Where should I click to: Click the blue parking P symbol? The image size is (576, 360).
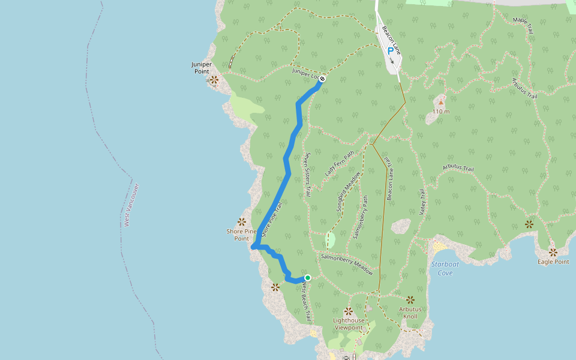pos(391,52)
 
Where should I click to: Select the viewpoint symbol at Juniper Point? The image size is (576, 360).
pos(214,79)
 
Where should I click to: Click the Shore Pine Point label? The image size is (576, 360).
pos(241,235)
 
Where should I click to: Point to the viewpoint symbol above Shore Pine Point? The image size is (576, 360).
pos(242,222)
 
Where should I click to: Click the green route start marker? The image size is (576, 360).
pos(308,278)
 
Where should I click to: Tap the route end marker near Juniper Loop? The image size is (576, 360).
pos(322,79)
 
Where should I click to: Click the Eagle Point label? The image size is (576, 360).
pos(553,262)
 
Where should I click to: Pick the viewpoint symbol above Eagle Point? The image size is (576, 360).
pos(553,252)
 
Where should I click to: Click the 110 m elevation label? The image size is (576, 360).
pos(441,112)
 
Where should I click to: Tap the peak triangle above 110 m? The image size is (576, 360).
pos(441,103)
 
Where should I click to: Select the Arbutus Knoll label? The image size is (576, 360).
pos(410,313)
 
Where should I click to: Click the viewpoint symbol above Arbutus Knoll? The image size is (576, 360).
pos(410,299)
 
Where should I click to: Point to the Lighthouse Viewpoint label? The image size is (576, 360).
pos(349,324)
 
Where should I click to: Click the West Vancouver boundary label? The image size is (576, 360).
pos(131,205)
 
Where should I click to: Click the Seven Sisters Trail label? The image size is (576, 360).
pos(307,175)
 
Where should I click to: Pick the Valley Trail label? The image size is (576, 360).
pos(422,202)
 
